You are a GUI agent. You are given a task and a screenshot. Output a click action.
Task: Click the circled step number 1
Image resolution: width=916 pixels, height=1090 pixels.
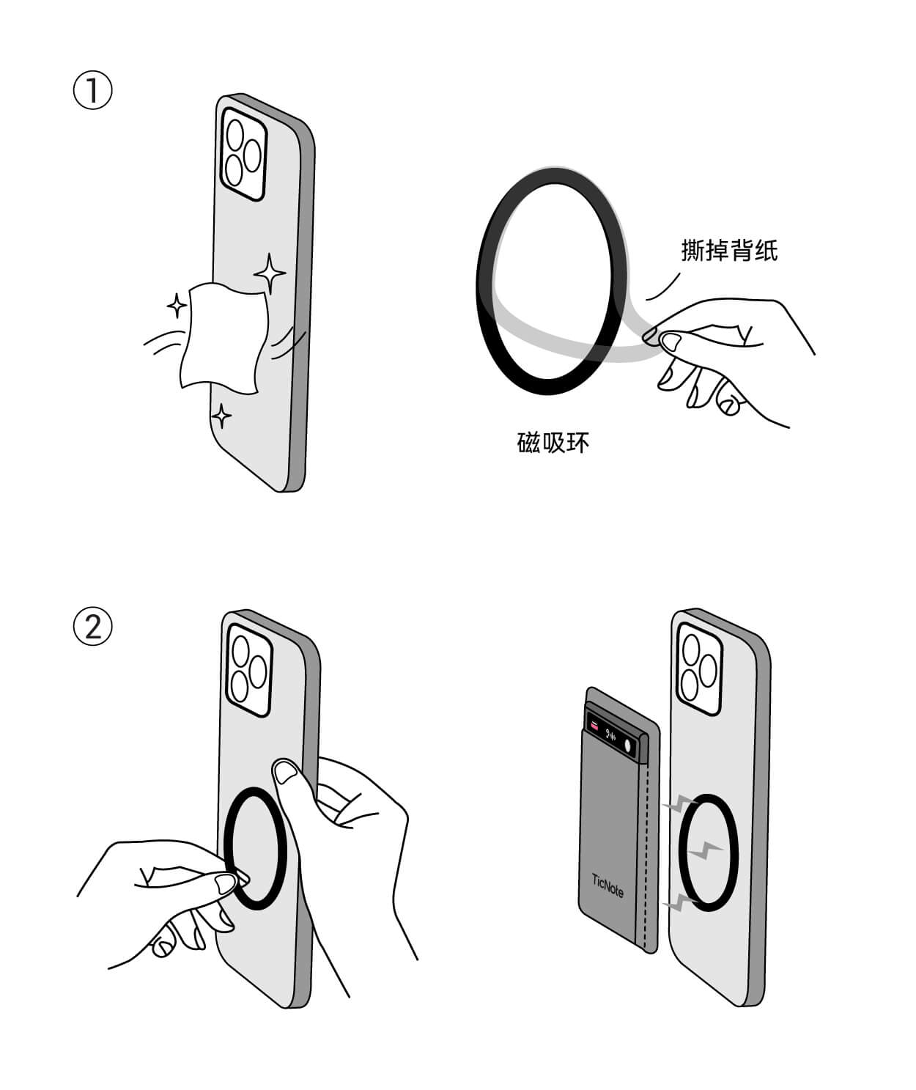(x=93, y=91)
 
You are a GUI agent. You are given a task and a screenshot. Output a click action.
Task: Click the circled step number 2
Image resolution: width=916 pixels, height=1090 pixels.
(x=93, y=627)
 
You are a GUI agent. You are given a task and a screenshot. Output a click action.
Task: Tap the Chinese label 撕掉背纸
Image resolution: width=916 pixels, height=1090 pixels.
(x=729, y=251)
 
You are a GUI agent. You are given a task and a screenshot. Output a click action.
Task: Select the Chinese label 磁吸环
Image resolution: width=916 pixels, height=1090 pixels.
(x=553, y=443)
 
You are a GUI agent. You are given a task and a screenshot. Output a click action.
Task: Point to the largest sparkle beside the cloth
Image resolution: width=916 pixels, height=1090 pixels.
(x=270, y=273)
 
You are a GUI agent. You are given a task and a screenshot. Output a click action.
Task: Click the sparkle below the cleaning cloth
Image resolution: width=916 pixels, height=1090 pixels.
(x=221, y=416)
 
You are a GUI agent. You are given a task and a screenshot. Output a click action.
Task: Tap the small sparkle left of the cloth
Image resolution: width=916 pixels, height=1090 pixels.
(x=177, y=305)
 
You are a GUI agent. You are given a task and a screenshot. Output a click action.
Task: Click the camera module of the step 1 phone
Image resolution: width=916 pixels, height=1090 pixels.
(x=244, y=154)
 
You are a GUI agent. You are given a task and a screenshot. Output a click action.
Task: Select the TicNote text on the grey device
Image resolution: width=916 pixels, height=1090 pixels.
(x=607, y=885)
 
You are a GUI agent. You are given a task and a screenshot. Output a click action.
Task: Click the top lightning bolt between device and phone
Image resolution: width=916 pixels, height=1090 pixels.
(x=680, y=804)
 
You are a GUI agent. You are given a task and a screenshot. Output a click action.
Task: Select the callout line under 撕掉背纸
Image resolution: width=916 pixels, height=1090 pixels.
(x=663, y=287)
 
